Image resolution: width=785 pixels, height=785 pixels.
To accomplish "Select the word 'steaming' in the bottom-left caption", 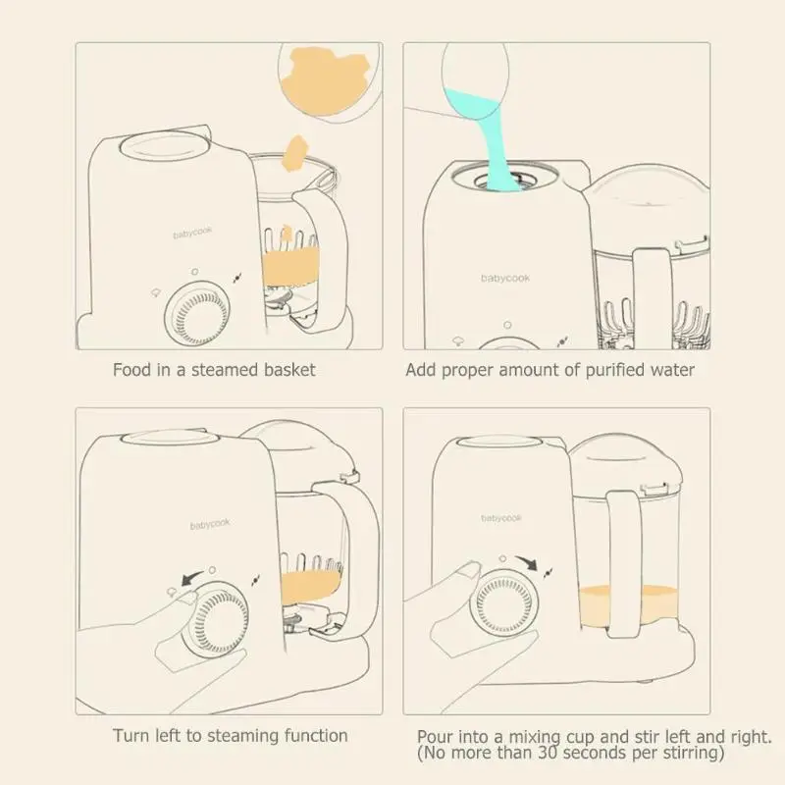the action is pos(243,736).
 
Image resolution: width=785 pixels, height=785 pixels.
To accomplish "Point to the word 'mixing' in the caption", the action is pos(535,738).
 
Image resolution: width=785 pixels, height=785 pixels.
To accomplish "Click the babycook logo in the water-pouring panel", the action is pos(505,279).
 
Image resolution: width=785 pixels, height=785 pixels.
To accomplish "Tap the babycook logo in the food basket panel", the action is pos(192,233).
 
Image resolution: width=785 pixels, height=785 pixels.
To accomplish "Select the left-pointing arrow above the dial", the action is pos(191,578).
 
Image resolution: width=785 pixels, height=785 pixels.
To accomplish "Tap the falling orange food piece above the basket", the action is pos(295,152).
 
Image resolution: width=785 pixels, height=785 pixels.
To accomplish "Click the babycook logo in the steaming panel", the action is pos(210,524).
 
